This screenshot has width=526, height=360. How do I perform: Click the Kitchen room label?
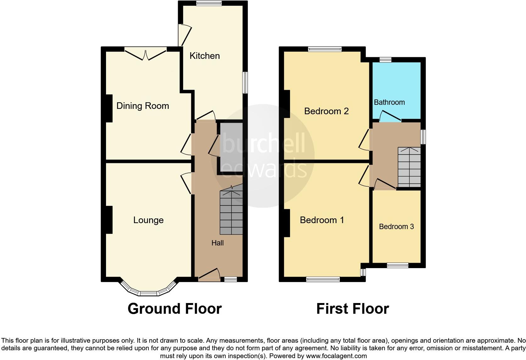pyautogui.click(x=204, y=56)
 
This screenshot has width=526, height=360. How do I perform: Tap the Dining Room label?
pyautogui.click(x=143, y=106)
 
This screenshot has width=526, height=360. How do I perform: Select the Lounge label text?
pyautogui.click(x=148, y=220)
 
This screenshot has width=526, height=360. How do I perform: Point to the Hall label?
pyautogui.click(x=217, y=243)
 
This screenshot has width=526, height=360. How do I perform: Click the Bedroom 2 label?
pyautogui.click(x=326, y=111)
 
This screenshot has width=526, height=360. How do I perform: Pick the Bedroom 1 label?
pyautogui.click(x=322, y=220)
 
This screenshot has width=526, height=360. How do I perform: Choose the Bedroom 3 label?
pyautogui.click(x=396, y=227)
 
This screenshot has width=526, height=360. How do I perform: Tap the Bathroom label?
pyautogui.click(x=389, y=102)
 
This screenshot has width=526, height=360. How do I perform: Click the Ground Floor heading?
pyautogui.click(x=175, y=309)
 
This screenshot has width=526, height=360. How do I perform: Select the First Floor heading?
pyautogui.click(x=352, y=309)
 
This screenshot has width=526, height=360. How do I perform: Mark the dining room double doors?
pyautogui.click(x=145, y=54)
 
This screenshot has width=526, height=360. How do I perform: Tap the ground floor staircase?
pyautogui.click(x=231, y=212)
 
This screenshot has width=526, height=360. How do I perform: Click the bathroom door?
pyautogui.click(x=390, y=116)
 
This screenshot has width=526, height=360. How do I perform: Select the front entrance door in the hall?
pyautogui.click(x=209, y=274)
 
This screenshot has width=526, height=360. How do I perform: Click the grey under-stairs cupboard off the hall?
pyautogui.click(x=231, y=147)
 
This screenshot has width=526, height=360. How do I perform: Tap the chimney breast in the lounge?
pyautogui.click(x=109, y=220)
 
